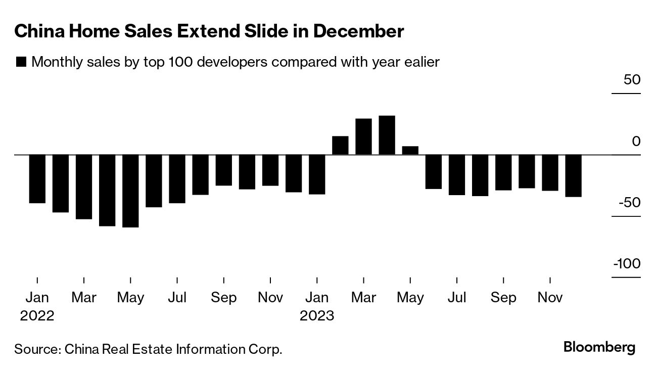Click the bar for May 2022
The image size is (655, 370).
(130, 191)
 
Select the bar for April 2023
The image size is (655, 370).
(387, 135)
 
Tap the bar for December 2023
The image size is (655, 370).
(573, 175)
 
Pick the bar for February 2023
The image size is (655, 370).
(340, 145)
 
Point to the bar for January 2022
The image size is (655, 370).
(37, 178)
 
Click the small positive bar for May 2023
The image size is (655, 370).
(410, 150)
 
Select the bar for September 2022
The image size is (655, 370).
(224, 170)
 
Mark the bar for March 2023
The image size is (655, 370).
(363, 136)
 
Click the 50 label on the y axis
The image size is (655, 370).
(631, 80)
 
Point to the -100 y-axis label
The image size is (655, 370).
(627, 264)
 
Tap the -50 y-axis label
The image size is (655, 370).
(629, 203)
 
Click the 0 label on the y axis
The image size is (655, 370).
(636, 142)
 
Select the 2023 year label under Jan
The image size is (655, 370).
(317, 316)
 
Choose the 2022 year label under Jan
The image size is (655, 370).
(37, 316)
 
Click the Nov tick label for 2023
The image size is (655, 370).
(550, 298)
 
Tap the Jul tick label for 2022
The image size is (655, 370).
(177, 298)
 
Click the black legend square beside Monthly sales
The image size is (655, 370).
(21, 62)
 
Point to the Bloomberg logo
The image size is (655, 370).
(599, 348)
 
